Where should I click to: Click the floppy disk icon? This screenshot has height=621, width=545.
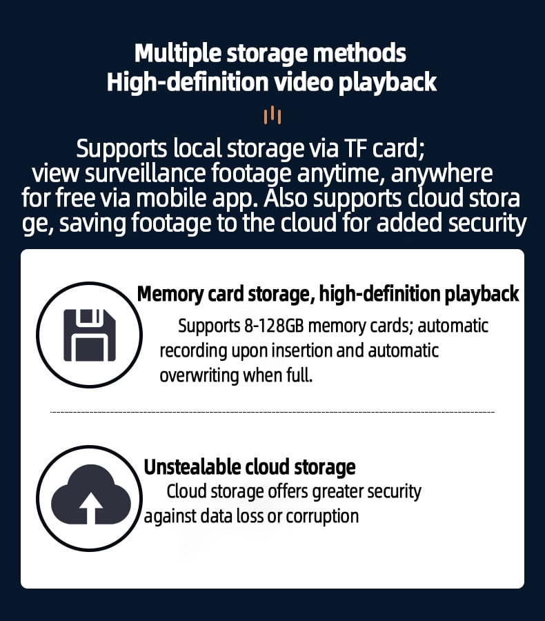coord(90,335)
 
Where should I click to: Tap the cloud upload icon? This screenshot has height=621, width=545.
coord(90,495)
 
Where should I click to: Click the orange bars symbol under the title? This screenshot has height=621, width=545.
coord(272,115)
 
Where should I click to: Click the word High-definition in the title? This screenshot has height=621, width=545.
coord(188,82)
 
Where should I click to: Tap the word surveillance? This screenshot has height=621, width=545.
coord(146,173)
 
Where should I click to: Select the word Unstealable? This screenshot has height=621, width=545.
coord(192,467)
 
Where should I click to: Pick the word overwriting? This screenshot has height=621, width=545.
coord(199,375)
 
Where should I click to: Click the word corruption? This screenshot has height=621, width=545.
coord(322,517)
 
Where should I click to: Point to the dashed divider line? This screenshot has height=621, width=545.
coord(272,413)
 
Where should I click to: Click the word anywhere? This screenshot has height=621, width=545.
coord(442,173)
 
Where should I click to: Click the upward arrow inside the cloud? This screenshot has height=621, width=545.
coord(91,508)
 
